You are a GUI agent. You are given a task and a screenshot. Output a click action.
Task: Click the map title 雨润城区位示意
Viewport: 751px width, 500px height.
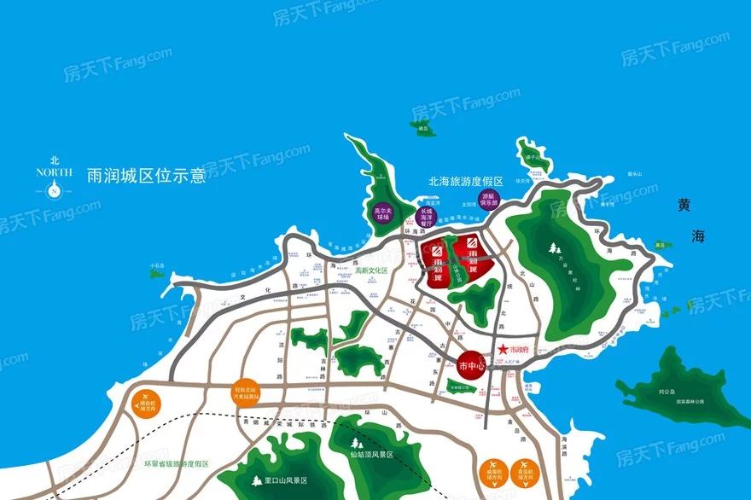pos(147,176)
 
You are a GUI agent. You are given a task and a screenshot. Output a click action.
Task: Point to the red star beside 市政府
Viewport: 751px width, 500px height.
pos(504,348)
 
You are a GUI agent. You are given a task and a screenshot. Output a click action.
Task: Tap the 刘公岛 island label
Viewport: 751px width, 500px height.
pos(667,392)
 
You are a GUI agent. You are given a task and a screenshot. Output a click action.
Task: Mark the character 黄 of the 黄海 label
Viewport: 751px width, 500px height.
pos(685,205)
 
